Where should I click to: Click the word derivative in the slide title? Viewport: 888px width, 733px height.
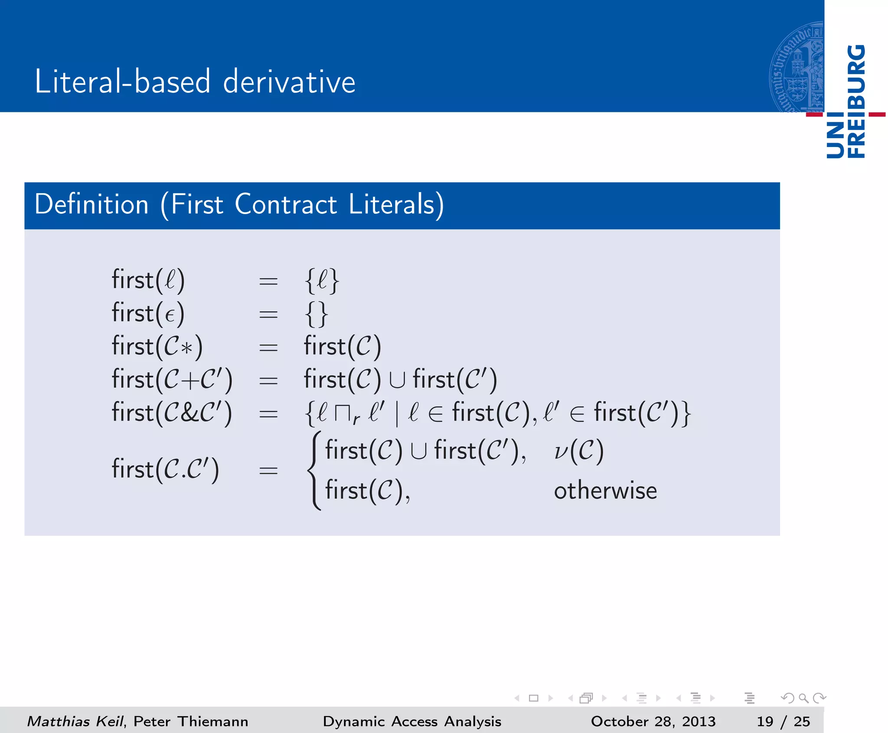tap(289, 81)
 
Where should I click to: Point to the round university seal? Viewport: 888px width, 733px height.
tap(797, 67)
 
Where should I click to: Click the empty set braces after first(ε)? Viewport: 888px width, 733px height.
tap(317, 314)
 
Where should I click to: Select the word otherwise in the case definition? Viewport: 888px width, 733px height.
tap(605, 491)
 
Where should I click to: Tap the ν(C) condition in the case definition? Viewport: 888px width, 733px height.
tap(579, 451)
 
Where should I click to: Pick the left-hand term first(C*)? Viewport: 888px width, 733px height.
tap(157, 347)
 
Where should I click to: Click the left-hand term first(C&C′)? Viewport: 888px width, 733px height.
tap(172, 413)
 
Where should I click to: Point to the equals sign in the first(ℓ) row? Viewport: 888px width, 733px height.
tap(268, 281)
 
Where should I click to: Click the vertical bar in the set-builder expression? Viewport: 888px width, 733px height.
tap(397, 414)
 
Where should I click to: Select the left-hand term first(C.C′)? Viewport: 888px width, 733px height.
tap(165, 469)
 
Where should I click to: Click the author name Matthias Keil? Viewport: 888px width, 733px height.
tap(75, 721)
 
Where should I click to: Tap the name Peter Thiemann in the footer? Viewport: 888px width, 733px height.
tap(191, 721)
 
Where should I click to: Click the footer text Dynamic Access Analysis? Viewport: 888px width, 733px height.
tap(412, 721)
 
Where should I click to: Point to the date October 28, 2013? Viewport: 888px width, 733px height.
tap(653, 721)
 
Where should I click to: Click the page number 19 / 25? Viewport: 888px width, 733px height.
tap(783, 721)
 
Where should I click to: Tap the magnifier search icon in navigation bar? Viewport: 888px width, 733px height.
tap(803, 698)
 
